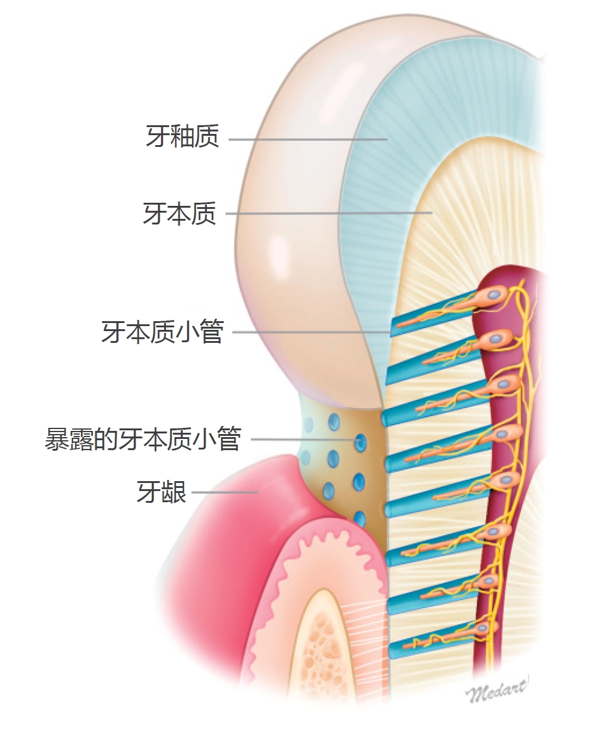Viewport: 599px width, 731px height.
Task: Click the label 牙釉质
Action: pyautogui.click(x=183, y=136)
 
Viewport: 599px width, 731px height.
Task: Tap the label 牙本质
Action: pyautogui.click(x=180, y=214)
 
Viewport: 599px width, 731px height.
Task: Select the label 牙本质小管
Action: pyautogui.click(x=162, y=332)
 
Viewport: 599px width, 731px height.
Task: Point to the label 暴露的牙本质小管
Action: pyautogui.click(x=142, y=440)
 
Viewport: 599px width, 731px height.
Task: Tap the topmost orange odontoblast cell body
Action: pyautogui.click(x=496, y=295)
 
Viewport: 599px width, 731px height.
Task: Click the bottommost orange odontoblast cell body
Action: pyautogui.click(x=488, y=627)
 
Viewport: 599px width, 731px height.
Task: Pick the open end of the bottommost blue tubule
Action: pyautogui.click(x=392, y=650)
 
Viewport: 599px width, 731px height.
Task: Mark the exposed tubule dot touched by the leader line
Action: pyautogui.click(x=360, y=442)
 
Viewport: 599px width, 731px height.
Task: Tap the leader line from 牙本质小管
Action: pyautogui.click(x=310, y=332)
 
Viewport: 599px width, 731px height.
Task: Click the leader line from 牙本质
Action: pyautogui.click(x=328, y=213)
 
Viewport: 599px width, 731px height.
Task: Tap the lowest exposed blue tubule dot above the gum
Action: pyautogui.click(x=359, y=517)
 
